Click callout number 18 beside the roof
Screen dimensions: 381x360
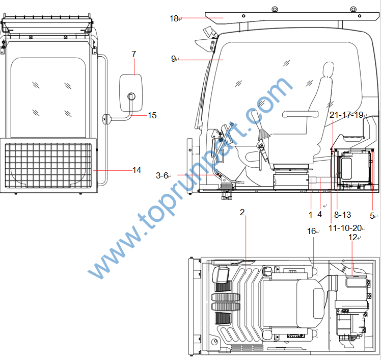(x=174, y=18)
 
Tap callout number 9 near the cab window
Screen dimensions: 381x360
(x=173, y=59)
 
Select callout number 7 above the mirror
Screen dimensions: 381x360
(x=133, y=54)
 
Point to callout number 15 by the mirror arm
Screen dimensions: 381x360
(x=152, y=115)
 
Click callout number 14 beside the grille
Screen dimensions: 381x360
(x=137, y=170)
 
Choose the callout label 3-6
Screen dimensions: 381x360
(x=162, y=175)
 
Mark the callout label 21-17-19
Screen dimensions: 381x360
(x=346, y=115)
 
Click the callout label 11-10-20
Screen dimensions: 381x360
(x=345, y=228)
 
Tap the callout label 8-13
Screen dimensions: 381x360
(x=343, y=215)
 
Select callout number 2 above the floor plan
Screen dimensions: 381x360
(x=242, y=212)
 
